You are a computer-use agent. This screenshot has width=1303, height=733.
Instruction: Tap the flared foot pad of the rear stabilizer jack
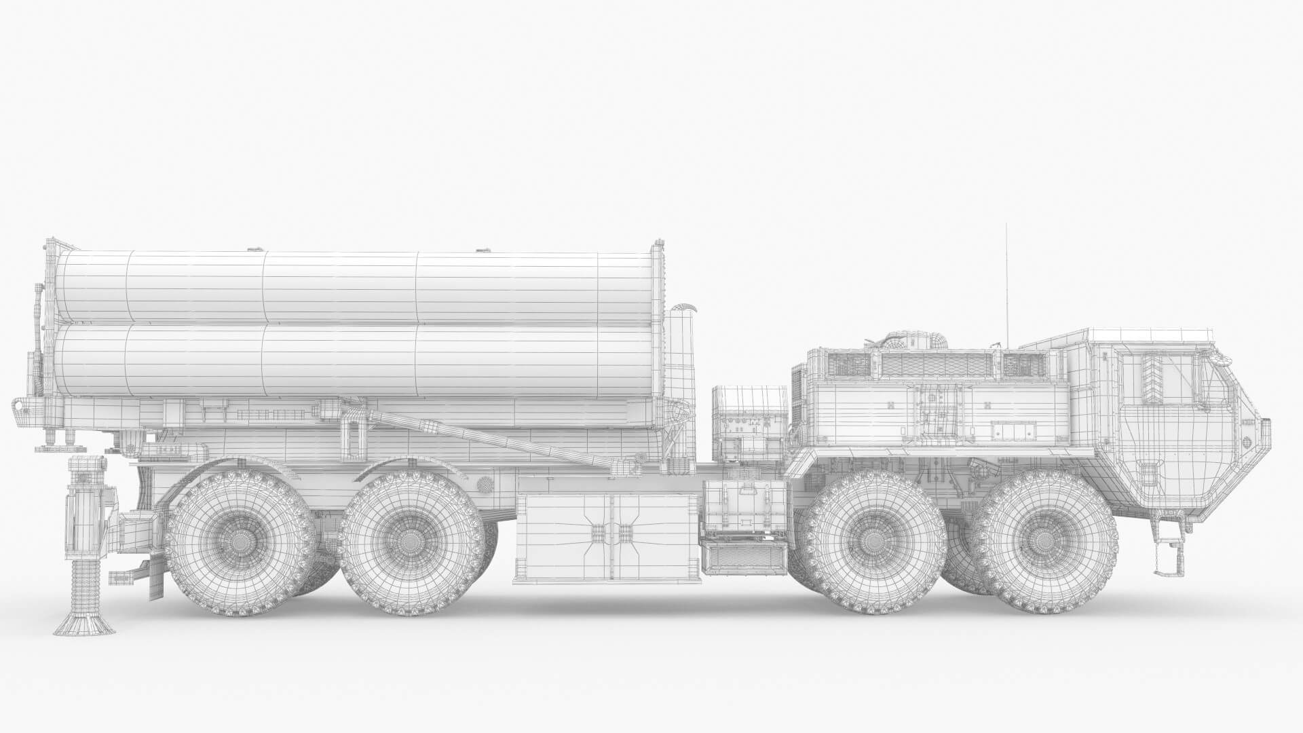[x=84, y=622]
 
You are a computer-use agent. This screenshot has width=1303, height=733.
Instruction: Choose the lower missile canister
[x=353, y=360]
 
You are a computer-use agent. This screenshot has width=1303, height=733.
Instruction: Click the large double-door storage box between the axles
[x=607, y=536]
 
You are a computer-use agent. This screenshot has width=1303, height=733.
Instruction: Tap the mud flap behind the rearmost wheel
[x=155, y=580]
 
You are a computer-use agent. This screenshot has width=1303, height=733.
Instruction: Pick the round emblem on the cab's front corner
[x=1246, y=441]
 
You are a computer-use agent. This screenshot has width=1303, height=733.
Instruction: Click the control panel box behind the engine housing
[x=750, y=421]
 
